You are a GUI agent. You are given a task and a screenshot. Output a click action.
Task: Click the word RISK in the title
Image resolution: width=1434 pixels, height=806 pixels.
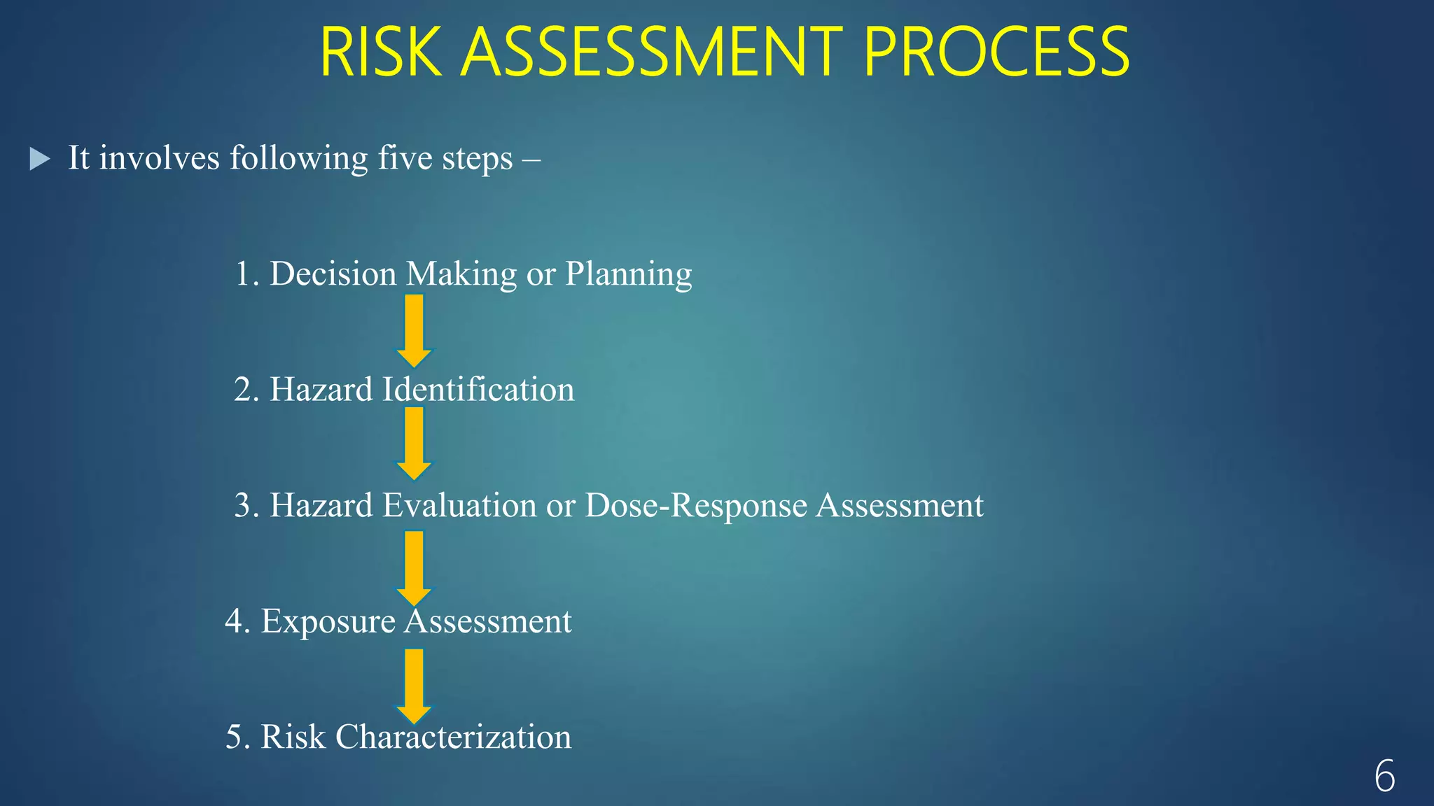point(381,52)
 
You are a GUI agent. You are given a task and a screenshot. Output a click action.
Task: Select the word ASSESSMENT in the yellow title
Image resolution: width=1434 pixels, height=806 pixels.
point(651,52)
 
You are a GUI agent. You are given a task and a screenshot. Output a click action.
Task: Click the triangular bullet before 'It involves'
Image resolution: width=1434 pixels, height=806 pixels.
point(40,159)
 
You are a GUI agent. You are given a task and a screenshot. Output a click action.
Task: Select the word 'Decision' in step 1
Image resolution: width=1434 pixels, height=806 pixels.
point(333,274)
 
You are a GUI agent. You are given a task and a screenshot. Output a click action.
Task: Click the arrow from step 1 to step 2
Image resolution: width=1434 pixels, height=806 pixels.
point(414,331)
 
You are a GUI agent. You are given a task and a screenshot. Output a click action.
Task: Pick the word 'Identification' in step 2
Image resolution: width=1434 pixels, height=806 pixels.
point(478,390)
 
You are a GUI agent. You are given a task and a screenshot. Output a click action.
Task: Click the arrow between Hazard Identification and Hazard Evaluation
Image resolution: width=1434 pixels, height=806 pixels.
point(414,444)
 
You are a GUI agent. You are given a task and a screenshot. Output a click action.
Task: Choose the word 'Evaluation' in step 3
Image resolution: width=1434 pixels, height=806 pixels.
point(459,505)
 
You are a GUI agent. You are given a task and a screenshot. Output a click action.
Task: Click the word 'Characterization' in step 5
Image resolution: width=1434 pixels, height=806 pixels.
point(453,737)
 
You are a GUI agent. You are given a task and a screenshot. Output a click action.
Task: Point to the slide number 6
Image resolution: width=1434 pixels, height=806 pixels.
point(1384,776)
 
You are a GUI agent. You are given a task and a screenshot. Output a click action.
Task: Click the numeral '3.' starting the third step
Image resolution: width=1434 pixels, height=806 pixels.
point(246,505)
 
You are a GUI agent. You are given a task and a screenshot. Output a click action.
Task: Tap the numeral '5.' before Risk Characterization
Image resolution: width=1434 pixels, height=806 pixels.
point(237,737)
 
